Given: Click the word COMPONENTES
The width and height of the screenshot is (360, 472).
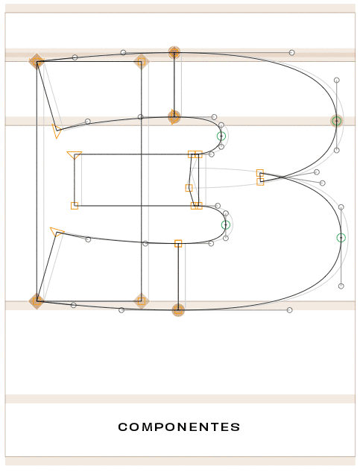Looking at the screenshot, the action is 179,427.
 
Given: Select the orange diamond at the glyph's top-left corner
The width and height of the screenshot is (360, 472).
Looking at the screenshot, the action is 37,61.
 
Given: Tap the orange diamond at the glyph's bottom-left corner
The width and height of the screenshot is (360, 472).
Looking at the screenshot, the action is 37,301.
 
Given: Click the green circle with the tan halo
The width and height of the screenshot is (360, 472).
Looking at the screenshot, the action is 337,121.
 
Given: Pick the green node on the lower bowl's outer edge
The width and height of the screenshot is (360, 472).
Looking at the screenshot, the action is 341,238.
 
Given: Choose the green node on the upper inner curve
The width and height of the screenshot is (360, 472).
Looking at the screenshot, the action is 221,136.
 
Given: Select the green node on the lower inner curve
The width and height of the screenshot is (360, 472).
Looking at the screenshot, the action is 225,225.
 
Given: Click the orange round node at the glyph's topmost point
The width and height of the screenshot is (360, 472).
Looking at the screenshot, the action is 174,53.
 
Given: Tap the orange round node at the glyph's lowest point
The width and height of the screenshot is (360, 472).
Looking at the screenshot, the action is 178,310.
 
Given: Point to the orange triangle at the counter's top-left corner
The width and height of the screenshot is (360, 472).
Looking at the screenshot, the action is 74,155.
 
